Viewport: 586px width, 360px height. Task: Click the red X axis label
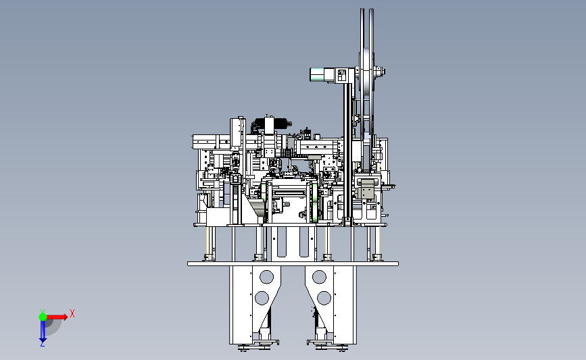[72, 313]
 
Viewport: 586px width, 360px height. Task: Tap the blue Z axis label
[42, 344]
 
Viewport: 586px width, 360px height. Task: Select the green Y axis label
[43, 312]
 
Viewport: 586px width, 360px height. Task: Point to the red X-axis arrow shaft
[55, 317]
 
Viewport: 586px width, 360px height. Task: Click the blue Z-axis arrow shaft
[43, 329]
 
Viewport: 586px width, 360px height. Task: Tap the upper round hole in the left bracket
[266, 277]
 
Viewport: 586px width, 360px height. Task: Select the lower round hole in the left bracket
[262, 298]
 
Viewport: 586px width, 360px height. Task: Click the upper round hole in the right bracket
[319, 277]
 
